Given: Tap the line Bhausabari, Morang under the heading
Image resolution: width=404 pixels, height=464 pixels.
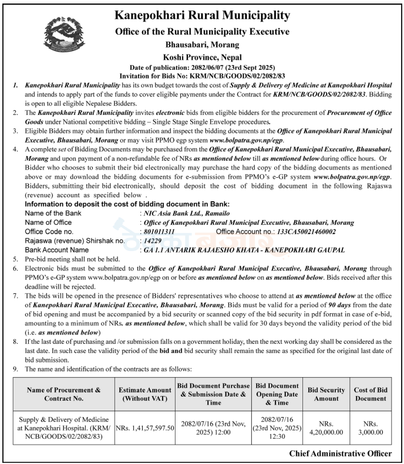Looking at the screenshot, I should (202, 44).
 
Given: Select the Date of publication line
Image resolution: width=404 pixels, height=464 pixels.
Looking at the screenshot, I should (202, 68).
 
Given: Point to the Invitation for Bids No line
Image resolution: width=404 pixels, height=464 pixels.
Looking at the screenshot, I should (202, 76).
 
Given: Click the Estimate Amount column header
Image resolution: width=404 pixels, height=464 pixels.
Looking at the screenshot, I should (145, 394).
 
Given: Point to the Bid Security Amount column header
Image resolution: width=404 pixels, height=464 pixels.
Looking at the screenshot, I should (325, 394).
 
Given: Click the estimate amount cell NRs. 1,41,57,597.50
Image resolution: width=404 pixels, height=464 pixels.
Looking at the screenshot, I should (145, 428).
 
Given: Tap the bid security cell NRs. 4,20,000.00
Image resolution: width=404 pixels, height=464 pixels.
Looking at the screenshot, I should (325, 428).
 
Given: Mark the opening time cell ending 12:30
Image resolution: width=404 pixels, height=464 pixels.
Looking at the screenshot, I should (277, 428).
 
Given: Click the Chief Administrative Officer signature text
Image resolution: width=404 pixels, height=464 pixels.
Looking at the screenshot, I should (340, 453).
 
